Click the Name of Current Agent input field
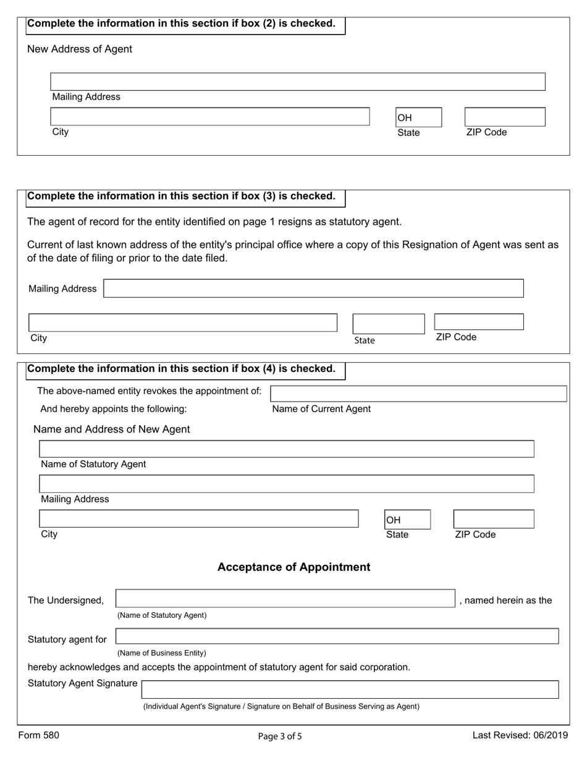[x=418, y=394]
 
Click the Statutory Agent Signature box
[x=350, y=690]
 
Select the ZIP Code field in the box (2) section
[x=504, y=117]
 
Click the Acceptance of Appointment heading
[x=293, y=567]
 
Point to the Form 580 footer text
[x=39, y=735]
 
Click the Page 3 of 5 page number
[x=280, y=736]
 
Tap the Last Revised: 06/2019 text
[x=520, y=735]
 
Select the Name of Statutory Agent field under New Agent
[x=287, y=449]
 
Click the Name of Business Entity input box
[x=337, y=636]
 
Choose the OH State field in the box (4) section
[x=407, y=520]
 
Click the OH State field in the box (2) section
[x=418, y=117]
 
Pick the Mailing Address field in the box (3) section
[x=313, y=289]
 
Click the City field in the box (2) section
[x=209, y=117]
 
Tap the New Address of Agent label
[x=80, y=49]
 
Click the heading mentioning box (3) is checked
[x=182, y=196]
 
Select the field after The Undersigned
[x=285, y=599]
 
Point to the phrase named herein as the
[x=506, y=601]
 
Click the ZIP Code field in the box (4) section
[x=493, y=519]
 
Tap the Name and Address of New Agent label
[x=111, y=429]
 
